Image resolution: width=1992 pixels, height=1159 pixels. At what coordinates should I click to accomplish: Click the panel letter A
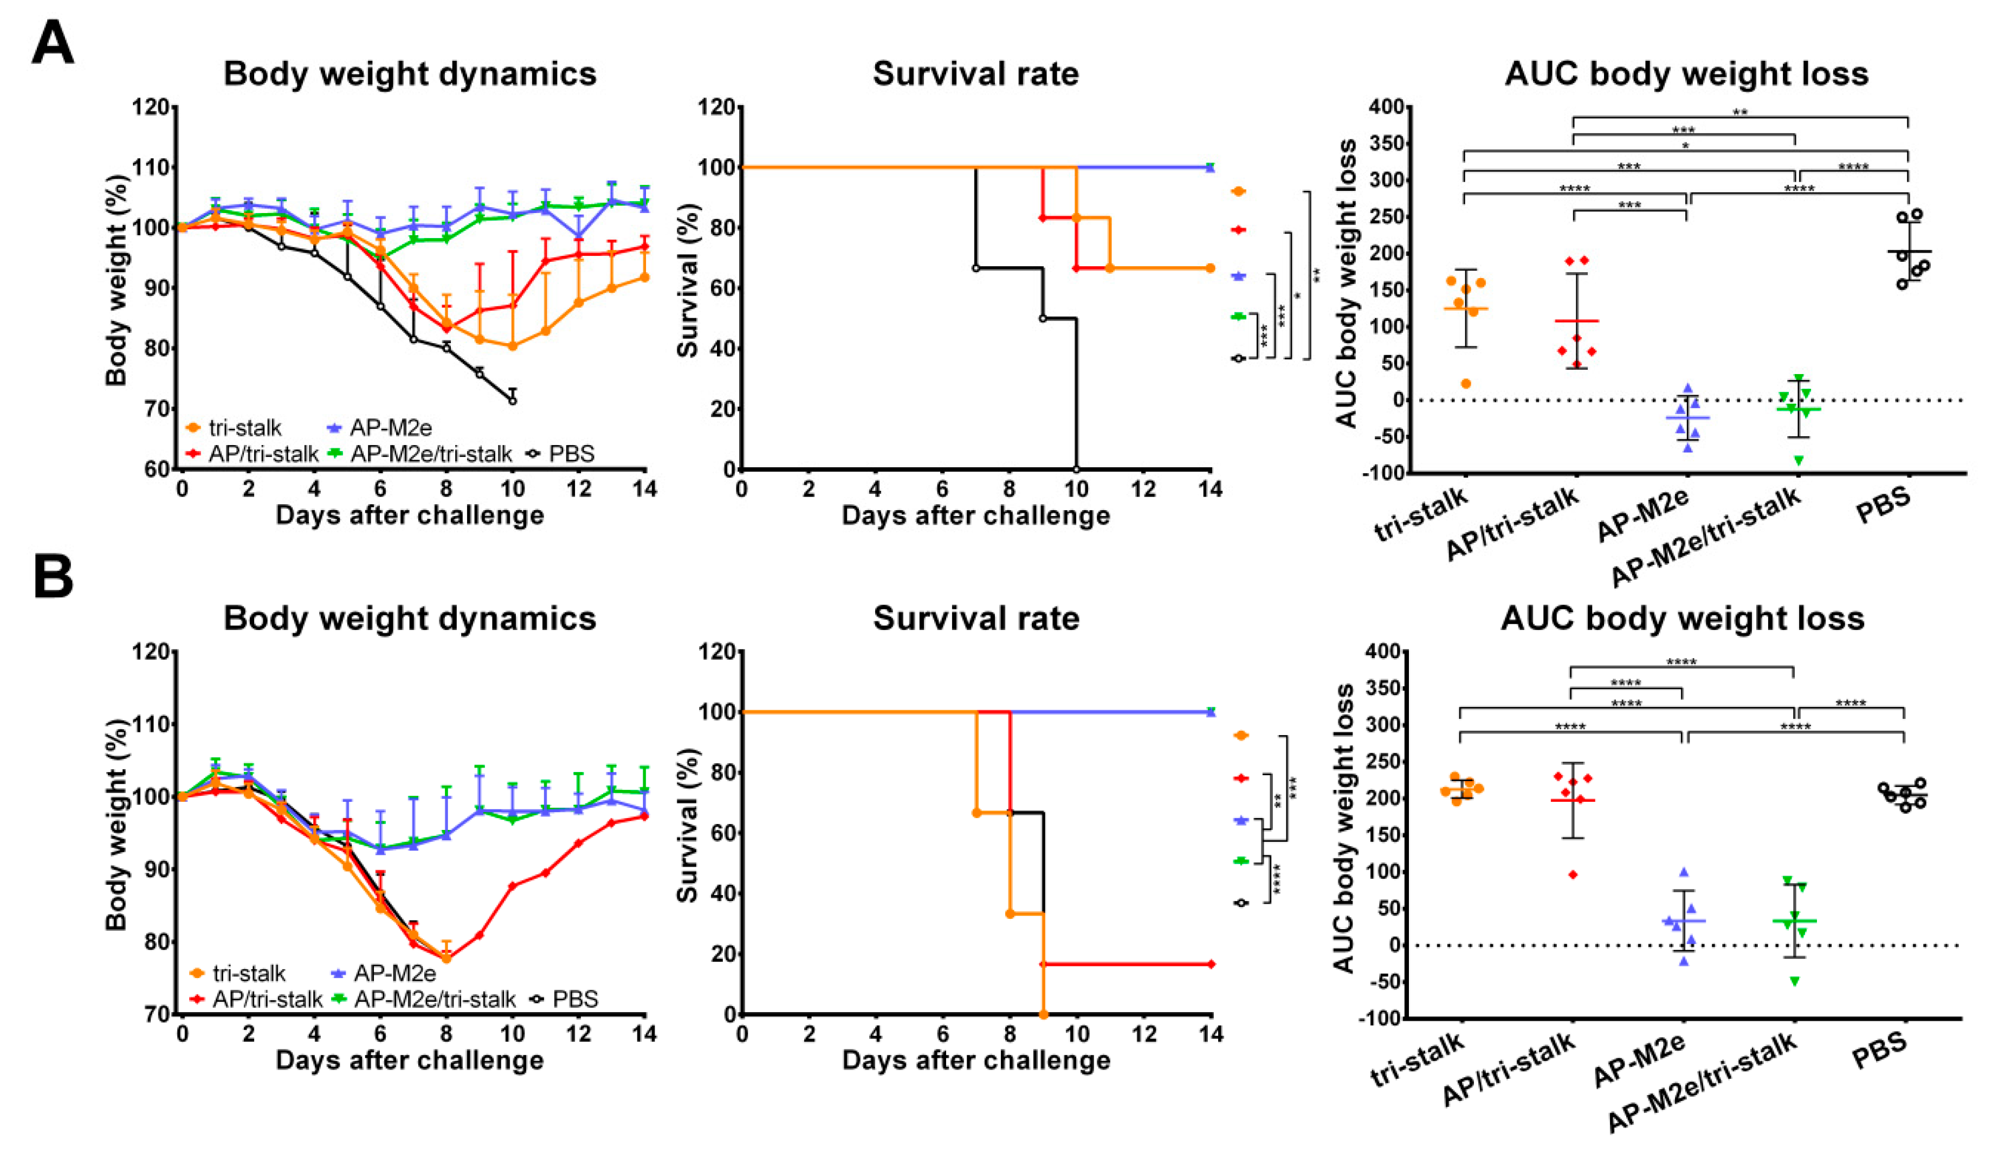(x=52, y=43)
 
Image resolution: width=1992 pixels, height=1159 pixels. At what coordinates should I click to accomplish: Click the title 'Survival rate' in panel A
(x=975, y=74)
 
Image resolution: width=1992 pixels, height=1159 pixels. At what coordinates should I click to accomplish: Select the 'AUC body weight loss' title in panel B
(x=1682, y=618)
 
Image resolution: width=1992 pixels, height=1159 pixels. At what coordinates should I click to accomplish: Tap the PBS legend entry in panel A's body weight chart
(x=564, y=454)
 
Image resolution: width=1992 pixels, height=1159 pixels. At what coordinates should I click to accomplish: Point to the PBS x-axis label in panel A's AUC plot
(x=1883, y=505)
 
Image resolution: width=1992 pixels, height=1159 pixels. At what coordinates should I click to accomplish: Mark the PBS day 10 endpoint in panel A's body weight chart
(x=512, y=400)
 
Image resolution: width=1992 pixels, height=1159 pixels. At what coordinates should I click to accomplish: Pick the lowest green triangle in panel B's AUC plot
(x=1794, y=982)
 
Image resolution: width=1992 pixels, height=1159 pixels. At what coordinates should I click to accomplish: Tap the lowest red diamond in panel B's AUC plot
(x=1573, y=874)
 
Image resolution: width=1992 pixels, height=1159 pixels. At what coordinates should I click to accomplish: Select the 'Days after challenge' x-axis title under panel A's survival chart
(x=975, y=516)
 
